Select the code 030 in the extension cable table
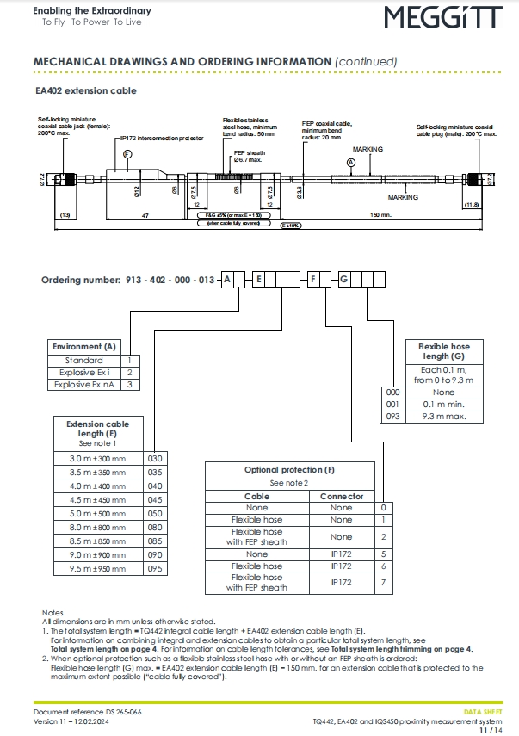(155, 459)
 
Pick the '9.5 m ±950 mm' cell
(97, 569)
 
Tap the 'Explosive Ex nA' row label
(85, 385)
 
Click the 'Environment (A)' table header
(84, 346)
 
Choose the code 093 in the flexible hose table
(392, 417)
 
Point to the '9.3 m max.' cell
(443, 417)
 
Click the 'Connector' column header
(342, 496)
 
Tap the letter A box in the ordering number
(226, 280)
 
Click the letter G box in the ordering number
(344, 280)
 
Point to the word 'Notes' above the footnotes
(53, 612)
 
